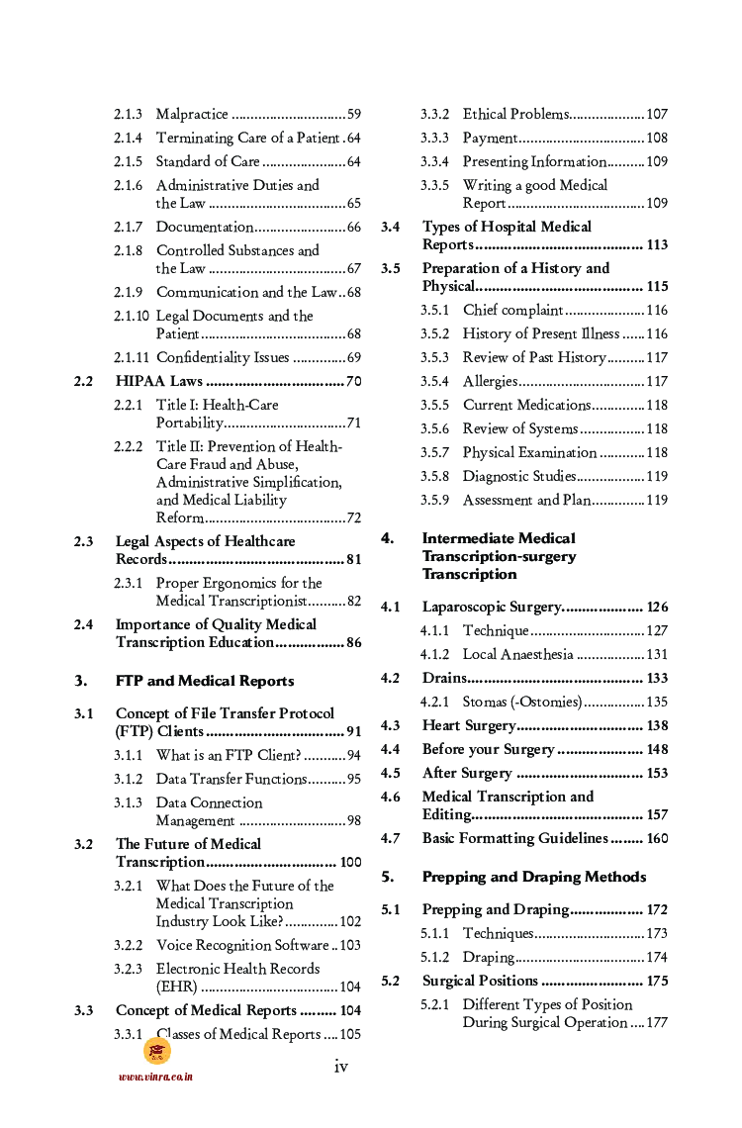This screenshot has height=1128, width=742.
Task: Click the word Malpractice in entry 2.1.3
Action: [x=192, y=115]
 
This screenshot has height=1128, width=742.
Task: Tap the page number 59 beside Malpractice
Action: [x=353, y=115]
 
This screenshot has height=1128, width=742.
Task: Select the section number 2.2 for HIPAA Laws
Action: [x=84, y=381]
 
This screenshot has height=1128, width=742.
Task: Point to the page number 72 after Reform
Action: [x=353, y=517]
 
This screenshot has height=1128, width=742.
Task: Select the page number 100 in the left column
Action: [x=350, y=862]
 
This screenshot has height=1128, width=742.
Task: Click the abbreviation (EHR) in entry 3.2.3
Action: [x=177, y=987]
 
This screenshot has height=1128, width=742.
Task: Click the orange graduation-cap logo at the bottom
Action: [x=156, y=1051]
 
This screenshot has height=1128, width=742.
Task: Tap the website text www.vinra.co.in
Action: [x=155, y=1077]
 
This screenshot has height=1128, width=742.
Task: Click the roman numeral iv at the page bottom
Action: [x=341, y=1066]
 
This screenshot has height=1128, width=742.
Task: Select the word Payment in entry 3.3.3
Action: [x=489, y=138]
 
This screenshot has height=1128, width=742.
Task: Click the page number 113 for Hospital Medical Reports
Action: [x=656, y=244]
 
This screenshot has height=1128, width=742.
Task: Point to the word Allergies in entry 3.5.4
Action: [x=490, y=381]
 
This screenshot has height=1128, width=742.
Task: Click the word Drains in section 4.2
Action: [x=443, y=678]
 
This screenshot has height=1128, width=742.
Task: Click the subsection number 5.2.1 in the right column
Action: [x=434, y=1004]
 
